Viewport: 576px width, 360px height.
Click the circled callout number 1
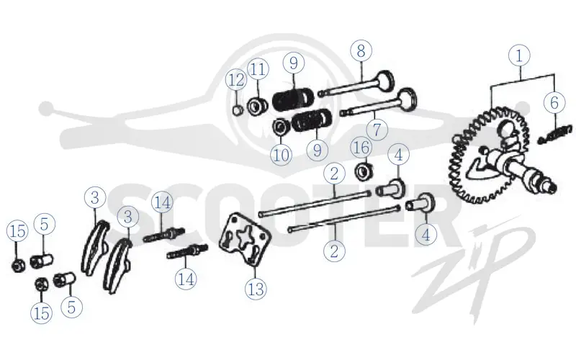(519, 56)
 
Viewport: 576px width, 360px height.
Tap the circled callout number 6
(554, 102)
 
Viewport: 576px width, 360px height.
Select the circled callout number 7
(377, 130)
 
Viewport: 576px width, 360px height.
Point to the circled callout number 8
(361, 50)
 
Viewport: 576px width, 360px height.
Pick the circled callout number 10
(282, 155)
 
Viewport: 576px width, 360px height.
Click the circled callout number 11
(258, 69)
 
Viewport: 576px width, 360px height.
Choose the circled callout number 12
(236, 80)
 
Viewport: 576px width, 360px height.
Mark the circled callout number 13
(256, 289)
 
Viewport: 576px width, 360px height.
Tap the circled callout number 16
(361, 148)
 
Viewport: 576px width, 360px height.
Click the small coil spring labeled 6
(554, 135)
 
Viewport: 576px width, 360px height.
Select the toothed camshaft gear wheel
(489, 155)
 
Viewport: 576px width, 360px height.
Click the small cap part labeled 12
(238, 109)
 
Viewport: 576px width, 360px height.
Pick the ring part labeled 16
(364, 171)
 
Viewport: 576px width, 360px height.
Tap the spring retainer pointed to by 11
(257, 105)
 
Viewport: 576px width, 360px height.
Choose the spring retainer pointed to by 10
(281, 127)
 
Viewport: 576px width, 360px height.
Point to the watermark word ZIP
(474, 265)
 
